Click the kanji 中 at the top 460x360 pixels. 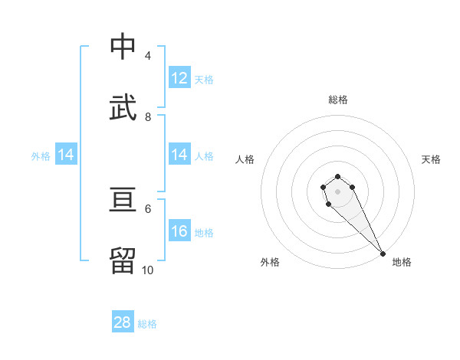123,47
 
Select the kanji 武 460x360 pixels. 123,107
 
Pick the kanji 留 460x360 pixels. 123,260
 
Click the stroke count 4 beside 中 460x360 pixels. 147,56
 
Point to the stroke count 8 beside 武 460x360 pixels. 147,116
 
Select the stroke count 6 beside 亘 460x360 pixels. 147,208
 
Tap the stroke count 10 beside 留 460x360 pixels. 147,270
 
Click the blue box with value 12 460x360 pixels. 179,78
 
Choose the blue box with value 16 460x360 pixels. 179,231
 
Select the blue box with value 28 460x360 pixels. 123,322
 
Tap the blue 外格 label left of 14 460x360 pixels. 41,155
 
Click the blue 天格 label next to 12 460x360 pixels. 204,79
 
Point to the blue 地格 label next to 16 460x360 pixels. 204,232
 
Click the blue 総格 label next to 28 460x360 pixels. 147,323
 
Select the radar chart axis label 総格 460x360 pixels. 338,100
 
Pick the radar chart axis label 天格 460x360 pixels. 431,159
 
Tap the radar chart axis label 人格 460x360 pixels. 245,159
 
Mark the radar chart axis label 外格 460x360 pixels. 270,262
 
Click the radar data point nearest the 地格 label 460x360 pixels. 383,254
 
